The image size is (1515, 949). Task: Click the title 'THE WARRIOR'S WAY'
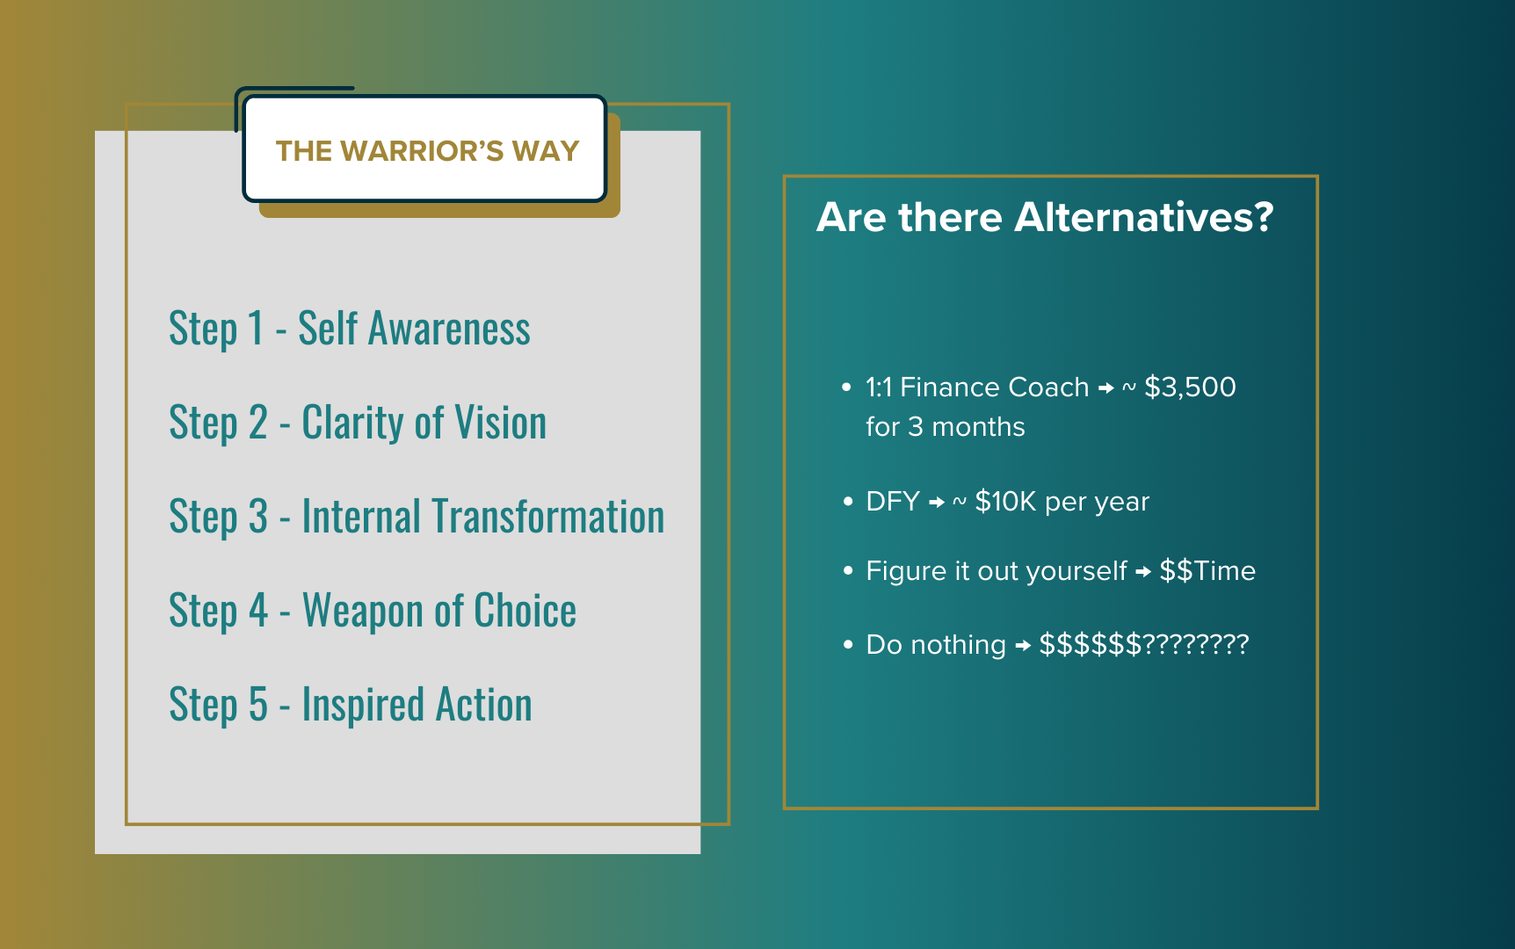coord(427,151)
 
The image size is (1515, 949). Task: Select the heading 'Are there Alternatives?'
coord(1045,217)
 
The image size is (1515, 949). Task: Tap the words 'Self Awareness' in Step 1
coord(414,329)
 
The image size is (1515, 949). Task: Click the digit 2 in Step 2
coord(257,423)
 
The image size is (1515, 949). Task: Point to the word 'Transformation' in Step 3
coord(483,517)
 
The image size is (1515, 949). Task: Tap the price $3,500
coord(1190,387)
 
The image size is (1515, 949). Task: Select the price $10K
coord(1006,501)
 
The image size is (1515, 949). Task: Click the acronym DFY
coord(893,501)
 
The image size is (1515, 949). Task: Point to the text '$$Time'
coord(1207,570)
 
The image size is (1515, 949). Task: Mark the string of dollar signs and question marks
coord(1143,644)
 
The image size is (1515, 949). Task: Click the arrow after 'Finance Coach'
coord(1106,388)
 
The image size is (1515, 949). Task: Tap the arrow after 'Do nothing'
coord(1023,646)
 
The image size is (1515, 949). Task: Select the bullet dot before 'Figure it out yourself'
coord(848,571)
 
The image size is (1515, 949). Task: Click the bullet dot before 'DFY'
coord(848,502)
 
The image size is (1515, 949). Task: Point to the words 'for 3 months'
coord(946,427)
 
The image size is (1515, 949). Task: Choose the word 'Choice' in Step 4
coord(526,611)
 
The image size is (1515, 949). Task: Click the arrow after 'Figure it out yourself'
coord(1143,572)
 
